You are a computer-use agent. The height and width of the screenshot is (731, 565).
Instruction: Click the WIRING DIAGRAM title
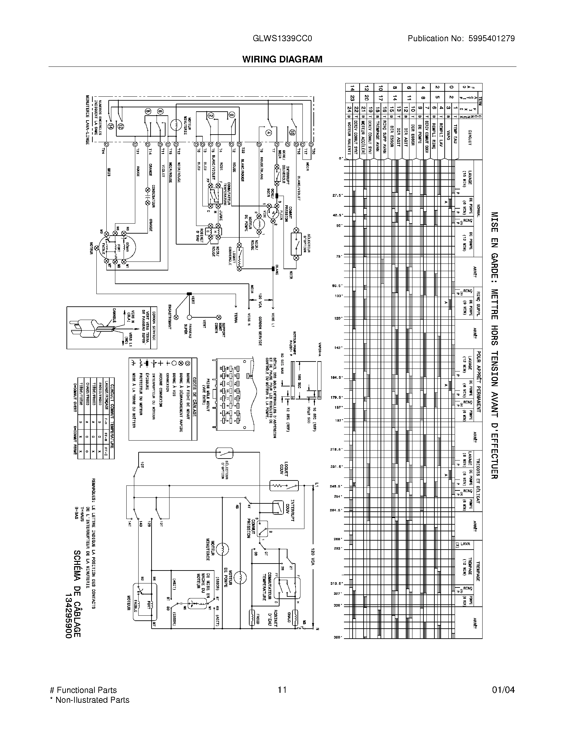click(x=282, y=59)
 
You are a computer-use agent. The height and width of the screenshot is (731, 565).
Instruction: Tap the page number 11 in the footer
click(x=282, y=690)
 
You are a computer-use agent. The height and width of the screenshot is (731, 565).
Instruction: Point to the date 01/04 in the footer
click(x=503, y=690)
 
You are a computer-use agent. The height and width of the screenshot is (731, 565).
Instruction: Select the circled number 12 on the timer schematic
click(x=121, y=126)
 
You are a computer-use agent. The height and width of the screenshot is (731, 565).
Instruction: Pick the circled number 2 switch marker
click(x=211, y=116)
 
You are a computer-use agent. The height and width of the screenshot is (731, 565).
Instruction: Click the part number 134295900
click(x=68, y=616)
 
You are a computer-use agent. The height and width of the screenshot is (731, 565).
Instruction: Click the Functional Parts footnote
click(x=83, y=690)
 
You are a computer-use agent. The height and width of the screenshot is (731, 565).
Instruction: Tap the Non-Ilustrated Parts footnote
click(x=89, y=700)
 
